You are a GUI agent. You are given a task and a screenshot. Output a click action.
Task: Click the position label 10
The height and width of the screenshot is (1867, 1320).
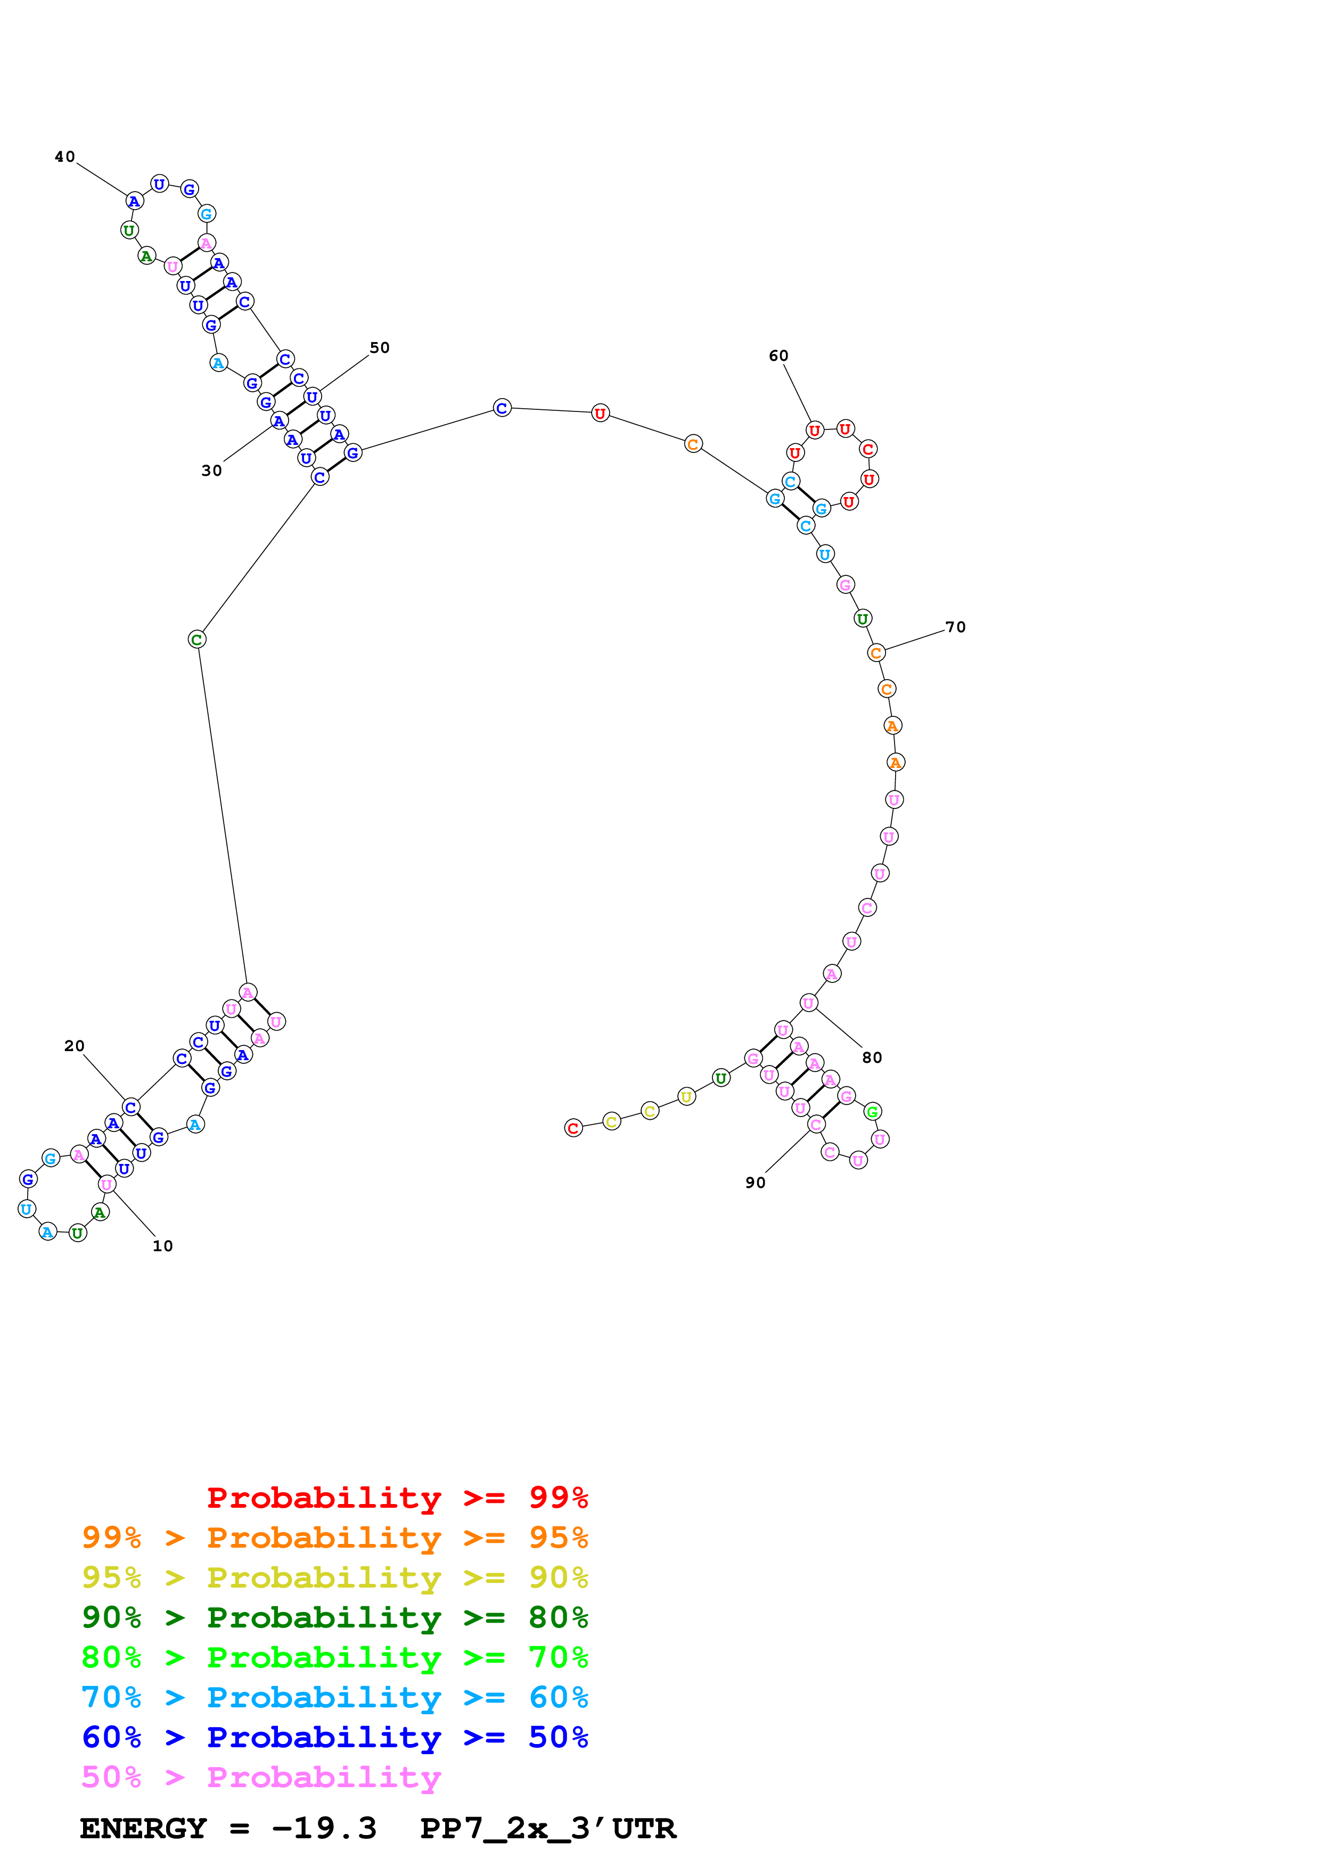tap(162, 1246)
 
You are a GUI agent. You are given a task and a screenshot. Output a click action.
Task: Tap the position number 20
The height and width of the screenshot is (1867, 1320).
tap(74, 1046)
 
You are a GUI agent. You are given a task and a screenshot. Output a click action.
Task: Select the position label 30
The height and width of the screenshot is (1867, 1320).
tap(211, 471)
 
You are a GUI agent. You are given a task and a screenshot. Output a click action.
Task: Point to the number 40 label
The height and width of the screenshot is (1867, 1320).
tap(65, 157)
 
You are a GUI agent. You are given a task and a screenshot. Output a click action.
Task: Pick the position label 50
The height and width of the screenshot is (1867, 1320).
tap(380, 348)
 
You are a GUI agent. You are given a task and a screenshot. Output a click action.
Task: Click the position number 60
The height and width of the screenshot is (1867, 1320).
tap(778, 356)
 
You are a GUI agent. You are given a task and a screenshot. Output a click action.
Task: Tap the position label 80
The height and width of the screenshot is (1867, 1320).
tap(872, 1057)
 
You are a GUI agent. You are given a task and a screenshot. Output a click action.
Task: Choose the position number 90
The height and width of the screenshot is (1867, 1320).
tap(756, 1183)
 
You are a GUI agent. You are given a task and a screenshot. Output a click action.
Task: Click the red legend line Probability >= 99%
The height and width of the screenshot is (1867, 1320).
tap(397, 1498)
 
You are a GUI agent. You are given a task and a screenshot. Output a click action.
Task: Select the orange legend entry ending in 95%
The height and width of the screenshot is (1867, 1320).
tap(335, 1538)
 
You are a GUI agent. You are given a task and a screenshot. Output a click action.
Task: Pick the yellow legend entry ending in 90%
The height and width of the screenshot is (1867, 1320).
tap(335, 1577)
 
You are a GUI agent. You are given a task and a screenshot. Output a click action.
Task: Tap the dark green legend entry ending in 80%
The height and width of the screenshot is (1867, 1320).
tap(335, 1617)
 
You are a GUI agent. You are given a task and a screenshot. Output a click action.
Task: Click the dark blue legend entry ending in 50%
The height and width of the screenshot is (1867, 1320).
tap(335, 1737)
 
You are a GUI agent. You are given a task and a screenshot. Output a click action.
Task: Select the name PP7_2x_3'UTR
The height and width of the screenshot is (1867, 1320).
tap(547, 1829)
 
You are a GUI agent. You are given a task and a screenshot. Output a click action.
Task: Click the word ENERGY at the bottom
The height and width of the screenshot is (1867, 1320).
tap(143, 1829)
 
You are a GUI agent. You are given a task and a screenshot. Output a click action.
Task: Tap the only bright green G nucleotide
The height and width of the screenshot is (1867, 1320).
tap(872, 1112)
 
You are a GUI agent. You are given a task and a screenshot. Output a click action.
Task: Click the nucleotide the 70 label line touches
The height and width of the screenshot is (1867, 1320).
tap(876, 653)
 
